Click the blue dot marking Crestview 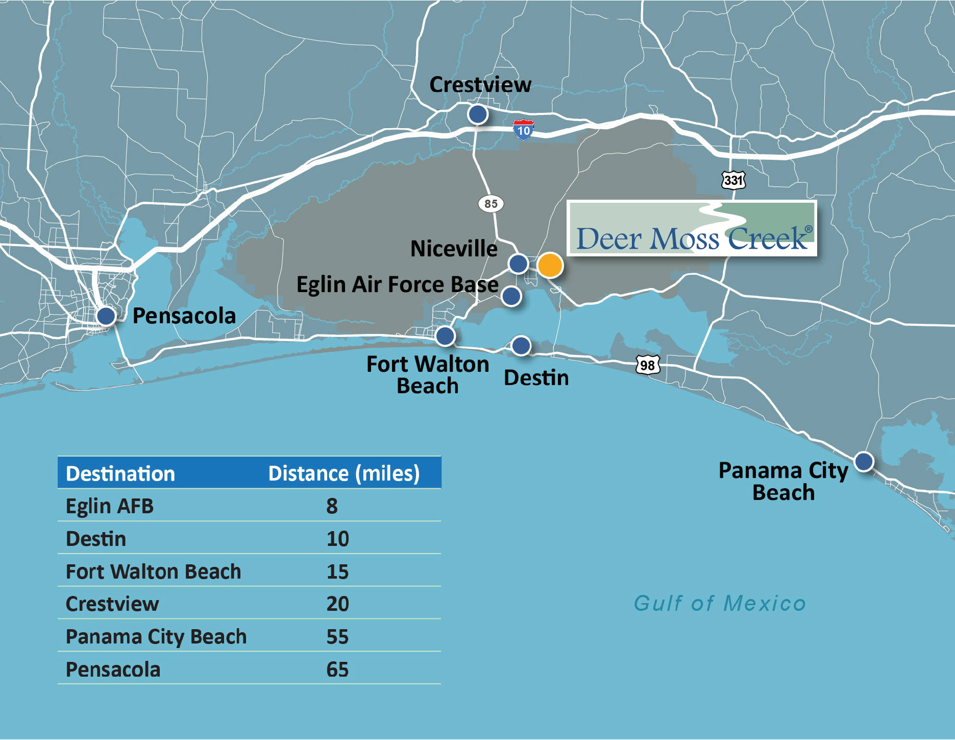click(478, 114)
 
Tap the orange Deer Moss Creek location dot click(550, 265)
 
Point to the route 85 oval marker click(491, 204)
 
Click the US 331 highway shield click(733, 180)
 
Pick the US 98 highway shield click(647, 365)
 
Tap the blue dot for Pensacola click(106, 316)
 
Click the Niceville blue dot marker click(518, 264)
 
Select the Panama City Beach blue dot click(864, 461)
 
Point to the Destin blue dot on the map click(521, 346)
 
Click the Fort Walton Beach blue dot click(445, 336)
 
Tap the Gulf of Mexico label click(719, 603)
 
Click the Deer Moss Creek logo click(692, 228)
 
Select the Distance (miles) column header click(344, 473)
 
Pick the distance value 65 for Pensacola click(337, 670)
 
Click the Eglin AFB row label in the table click(110, 506)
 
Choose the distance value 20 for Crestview click(337, 604)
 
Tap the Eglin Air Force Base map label click(397, 284)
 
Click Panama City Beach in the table click(156, 637)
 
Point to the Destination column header click(120, 473)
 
